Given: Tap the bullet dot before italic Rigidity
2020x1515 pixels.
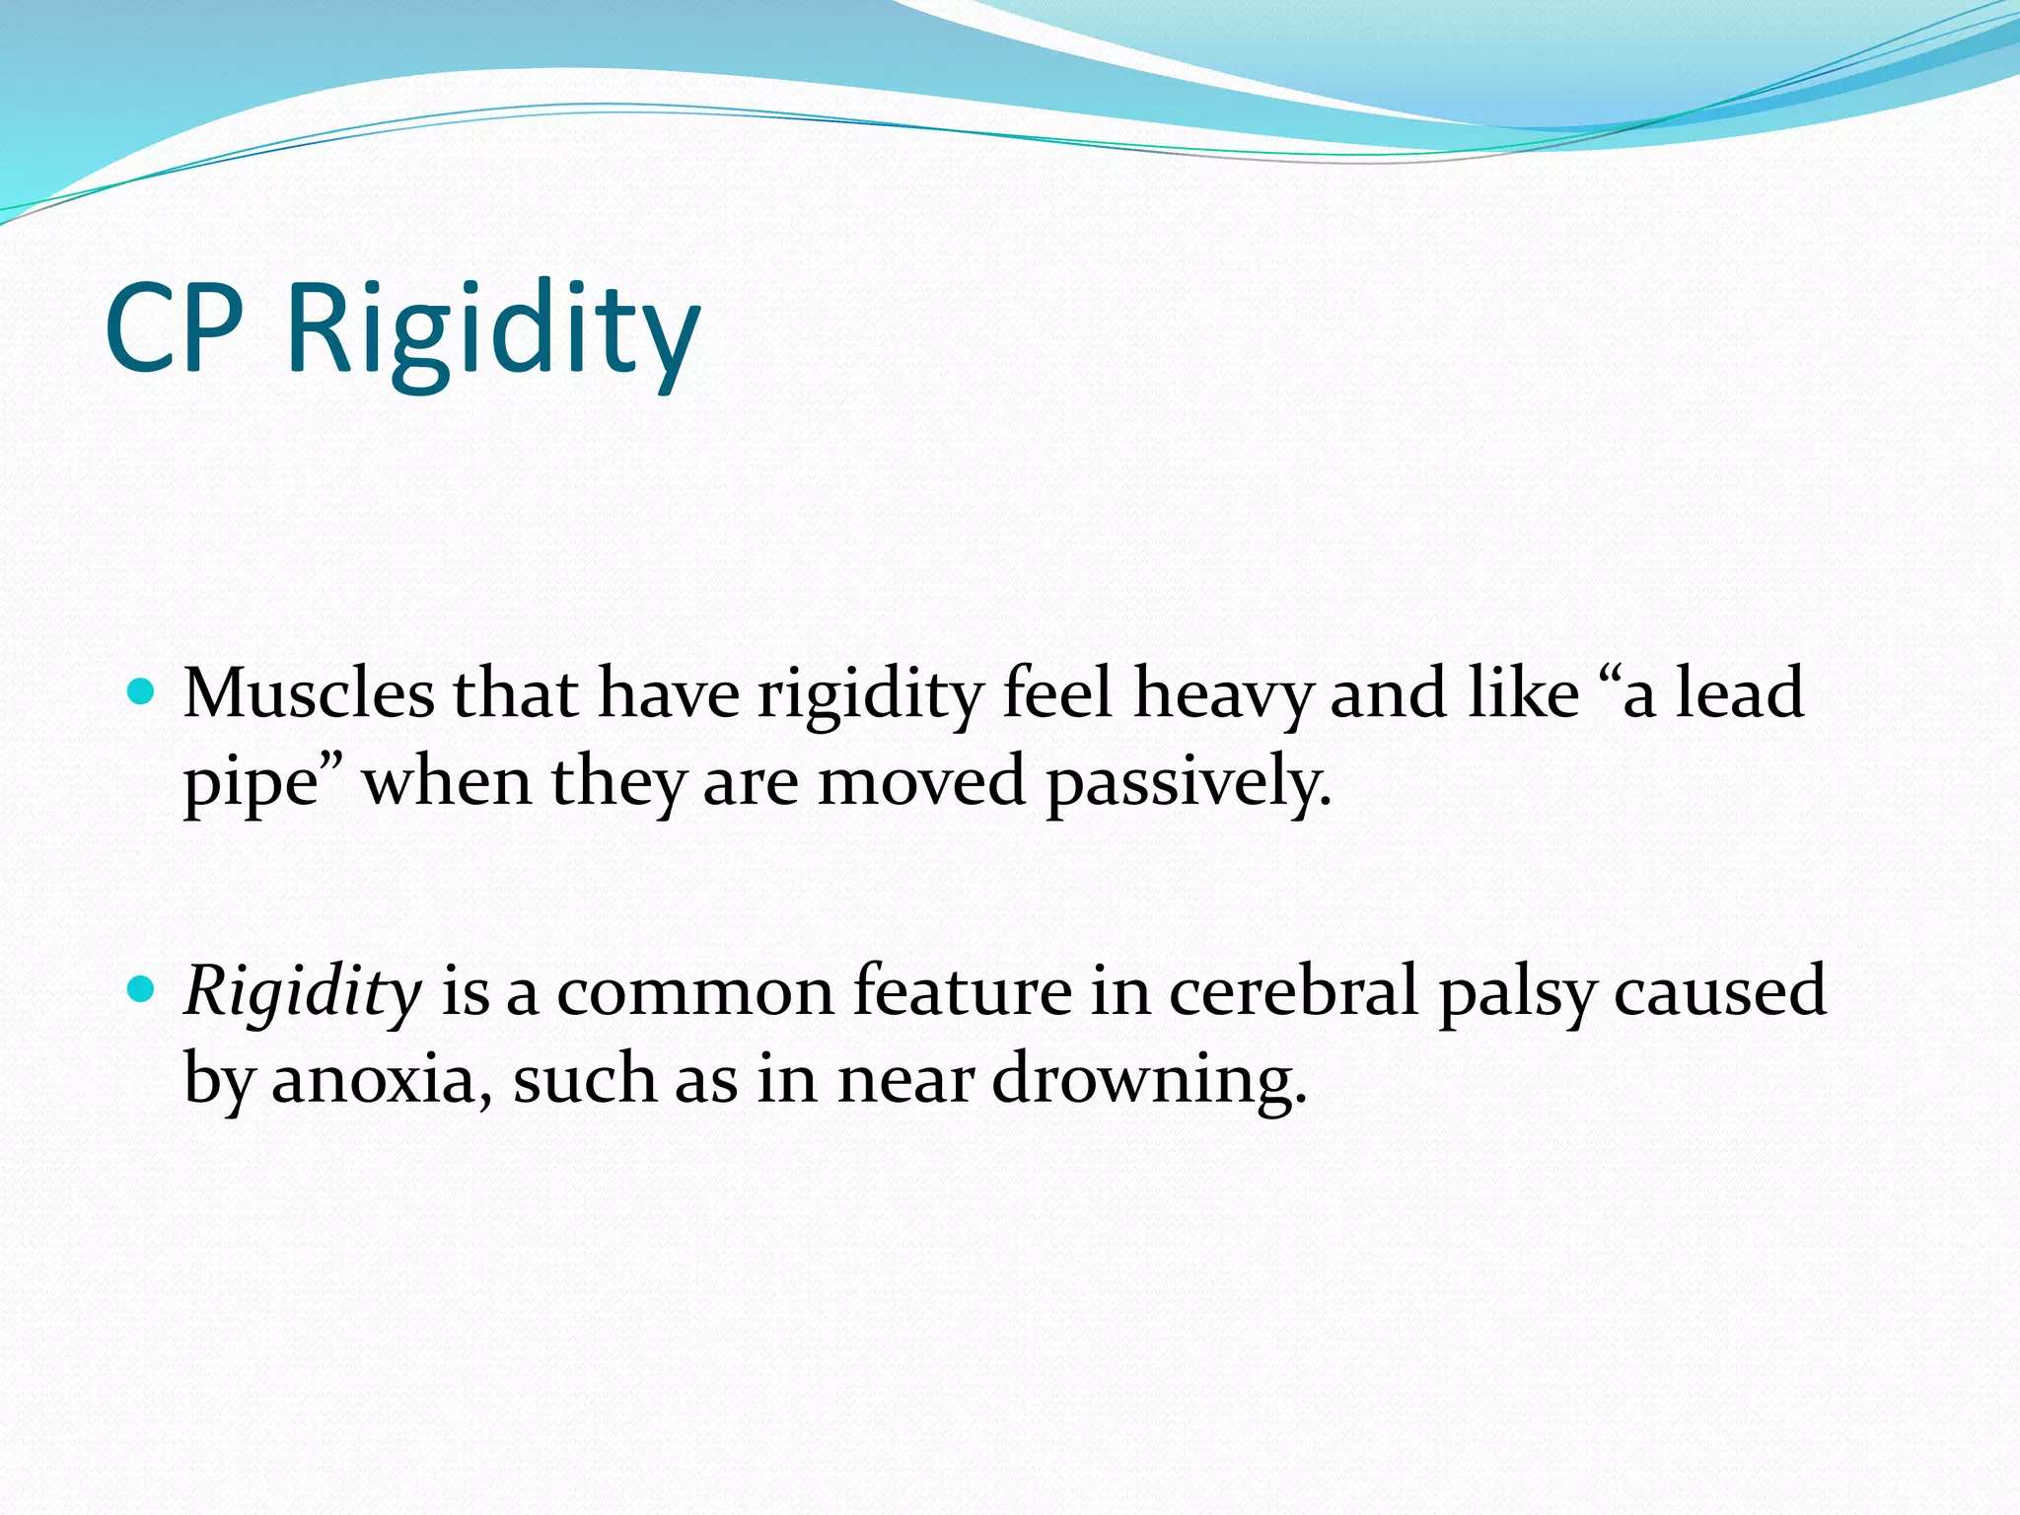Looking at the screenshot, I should pos(142,989).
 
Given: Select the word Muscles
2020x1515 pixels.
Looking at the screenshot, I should pos(309,693).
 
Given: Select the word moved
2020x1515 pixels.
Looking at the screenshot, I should pos(921,782).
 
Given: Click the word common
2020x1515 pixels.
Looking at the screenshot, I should pos(695,992).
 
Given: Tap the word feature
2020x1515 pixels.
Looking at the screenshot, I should pos(962,991).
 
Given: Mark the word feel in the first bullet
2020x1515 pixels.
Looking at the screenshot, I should pos(1057,693).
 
